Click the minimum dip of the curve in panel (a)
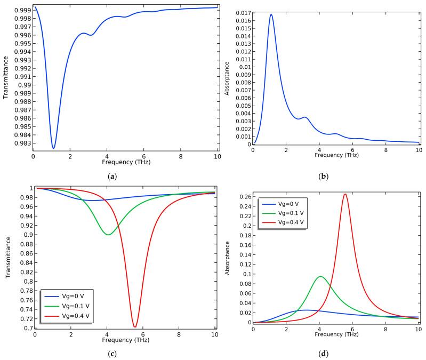tap(53, 148)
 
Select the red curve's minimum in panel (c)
tap(135, 326)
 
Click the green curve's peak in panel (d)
tap(320, 276)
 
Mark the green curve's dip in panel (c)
tap(108, 234)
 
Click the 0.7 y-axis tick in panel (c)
tap(26, 328)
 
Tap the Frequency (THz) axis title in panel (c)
tap(125, 342)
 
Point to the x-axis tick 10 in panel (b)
tap(417, 151)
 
